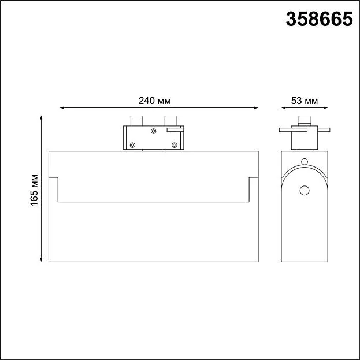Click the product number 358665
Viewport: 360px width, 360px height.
click(319, 19)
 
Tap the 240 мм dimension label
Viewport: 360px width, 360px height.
click(154, 101)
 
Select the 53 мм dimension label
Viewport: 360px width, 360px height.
click(305, 101)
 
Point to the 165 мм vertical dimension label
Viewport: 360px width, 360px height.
click(34, 190)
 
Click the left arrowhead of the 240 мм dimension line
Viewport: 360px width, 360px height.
click(61, 107)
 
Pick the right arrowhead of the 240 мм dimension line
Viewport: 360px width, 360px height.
click(257, 107)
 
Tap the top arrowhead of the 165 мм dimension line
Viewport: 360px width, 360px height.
click(42, 117)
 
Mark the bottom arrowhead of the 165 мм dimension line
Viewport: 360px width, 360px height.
click(42, 259)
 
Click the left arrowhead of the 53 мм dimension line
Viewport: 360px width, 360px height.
click(283, 107)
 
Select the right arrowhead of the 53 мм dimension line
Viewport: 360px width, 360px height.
click(326, 107)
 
